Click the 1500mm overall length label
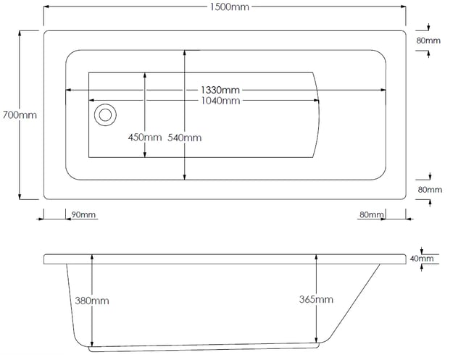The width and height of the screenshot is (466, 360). click(230, 7)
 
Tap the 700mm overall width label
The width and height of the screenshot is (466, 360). click(20, 115)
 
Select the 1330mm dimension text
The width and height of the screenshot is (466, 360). click(220, 90)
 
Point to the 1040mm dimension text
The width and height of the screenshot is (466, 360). click(220, 101)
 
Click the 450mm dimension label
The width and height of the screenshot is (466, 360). click(145, 137)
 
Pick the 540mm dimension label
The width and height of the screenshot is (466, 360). click(185, 138)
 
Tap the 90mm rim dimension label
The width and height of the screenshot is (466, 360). click(83, 214)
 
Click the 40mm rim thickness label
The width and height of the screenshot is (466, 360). click(422, 259)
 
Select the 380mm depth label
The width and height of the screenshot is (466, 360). click(92, 301)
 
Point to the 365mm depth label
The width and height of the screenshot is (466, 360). click(316, 299)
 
